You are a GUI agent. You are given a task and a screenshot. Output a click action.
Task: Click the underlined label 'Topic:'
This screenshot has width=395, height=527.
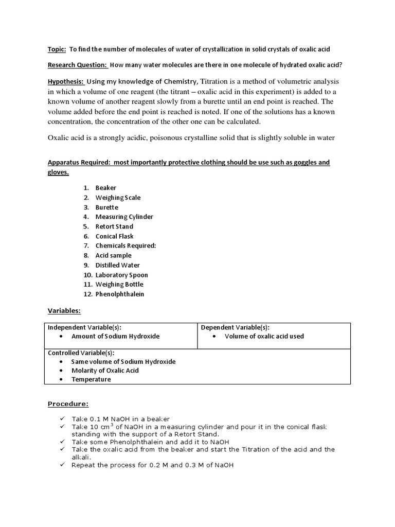56,49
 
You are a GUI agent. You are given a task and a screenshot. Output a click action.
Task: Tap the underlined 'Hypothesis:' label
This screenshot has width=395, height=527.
66,82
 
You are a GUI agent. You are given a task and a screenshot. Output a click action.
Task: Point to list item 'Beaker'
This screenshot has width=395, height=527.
106,188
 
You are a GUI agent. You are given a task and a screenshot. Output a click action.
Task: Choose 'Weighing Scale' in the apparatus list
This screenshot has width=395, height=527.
118,198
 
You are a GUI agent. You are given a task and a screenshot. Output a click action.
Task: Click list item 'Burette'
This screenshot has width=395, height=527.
107,207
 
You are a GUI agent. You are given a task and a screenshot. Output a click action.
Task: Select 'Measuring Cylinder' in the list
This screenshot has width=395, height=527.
124,217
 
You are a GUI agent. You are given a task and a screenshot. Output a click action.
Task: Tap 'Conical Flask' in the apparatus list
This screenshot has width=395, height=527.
114,236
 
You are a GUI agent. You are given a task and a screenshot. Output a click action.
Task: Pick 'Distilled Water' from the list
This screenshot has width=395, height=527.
118,265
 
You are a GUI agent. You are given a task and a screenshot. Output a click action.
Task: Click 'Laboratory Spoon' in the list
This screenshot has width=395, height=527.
121,275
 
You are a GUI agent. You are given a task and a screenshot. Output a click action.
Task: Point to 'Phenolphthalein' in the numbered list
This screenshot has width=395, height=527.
120,294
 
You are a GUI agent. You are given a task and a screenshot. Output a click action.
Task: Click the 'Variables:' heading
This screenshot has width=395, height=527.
64,311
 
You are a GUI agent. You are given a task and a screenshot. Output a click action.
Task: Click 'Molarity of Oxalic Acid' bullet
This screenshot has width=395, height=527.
105,371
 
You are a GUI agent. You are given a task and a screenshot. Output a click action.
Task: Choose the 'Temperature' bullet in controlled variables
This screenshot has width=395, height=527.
91,379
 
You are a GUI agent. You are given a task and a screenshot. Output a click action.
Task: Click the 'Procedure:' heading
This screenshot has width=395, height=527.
68,403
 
